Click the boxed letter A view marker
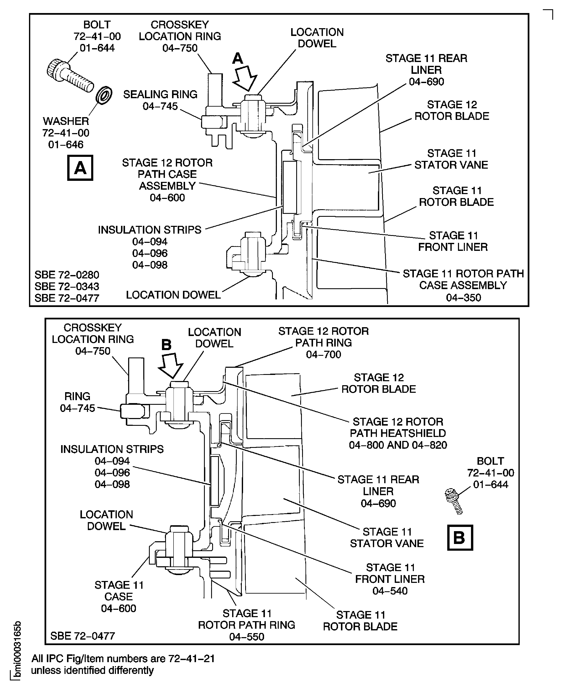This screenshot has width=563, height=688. click(x=80, y=168)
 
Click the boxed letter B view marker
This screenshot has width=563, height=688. click(x=460, y=537)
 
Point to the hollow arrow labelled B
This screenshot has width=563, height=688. click(x=171, y=365)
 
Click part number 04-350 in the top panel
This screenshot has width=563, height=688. click(x=463, y=298)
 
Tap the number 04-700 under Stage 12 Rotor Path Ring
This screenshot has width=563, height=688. click(x=323, y=354)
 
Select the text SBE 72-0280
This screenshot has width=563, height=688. click(x=67, y=275)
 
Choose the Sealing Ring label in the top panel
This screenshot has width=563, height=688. click(x=160, y=94)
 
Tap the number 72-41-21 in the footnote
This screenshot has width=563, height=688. click(x=191, y=659)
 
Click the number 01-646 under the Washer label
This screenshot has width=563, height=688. click(x=66, y=144)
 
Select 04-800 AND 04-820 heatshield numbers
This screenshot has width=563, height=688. click(x=398, y=445)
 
